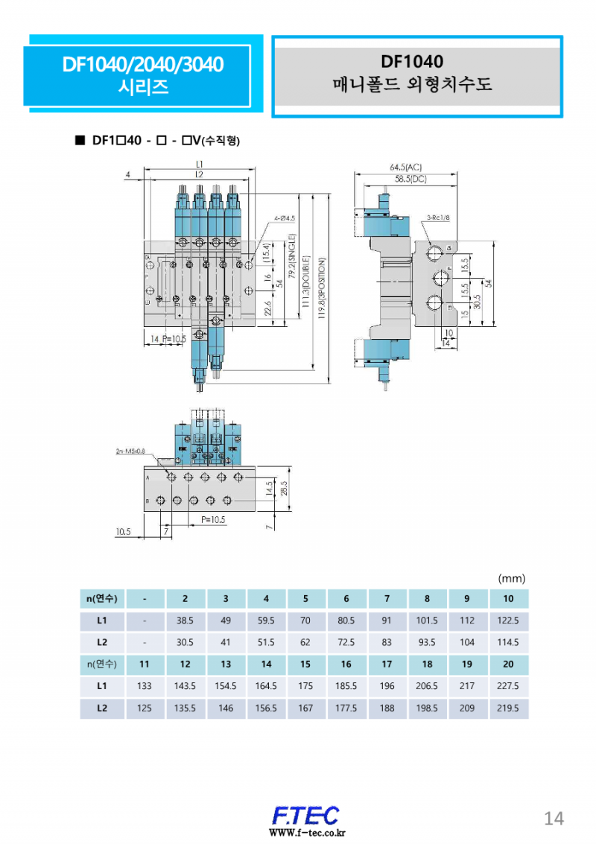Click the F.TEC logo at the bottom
(305, 815)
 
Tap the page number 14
(554, 818)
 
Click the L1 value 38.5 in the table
(185, 620)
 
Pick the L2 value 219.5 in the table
(508, 708)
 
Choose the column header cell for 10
(508, 598)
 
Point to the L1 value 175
(305, 687)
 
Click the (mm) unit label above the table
(512, 578)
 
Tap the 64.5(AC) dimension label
(406, 168)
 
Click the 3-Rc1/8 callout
(438, 218)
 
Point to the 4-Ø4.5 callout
(285, 218)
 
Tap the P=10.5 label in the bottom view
(212, 520)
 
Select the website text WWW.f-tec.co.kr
(305, 833)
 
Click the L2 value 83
(387, 642)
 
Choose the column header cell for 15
(305, 664)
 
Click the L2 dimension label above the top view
(199, 174)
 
